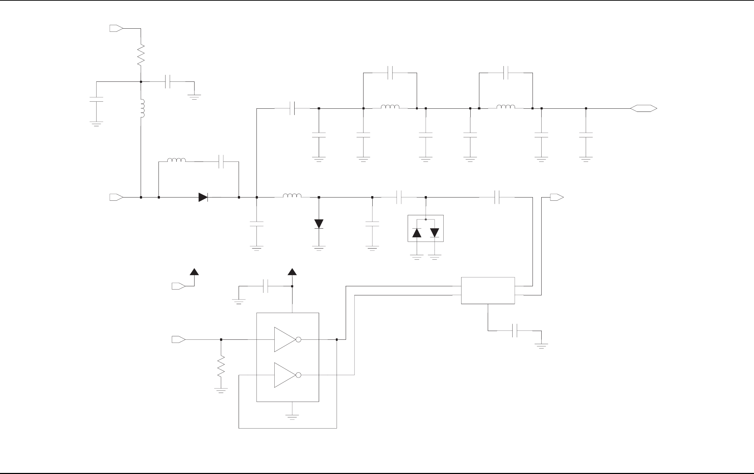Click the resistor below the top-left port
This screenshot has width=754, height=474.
[141, 55]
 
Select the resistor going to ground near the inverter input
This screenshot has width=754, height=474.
[221, 366]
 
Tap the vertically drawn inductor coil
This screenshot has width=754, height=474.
[142, 109]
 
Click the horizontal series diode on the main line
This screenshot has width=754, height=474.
[203, 197]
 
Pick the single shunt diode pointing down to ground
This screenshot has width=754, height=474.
[319, 224]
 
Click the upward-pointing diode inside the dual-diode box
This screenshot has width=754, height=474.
[417, 233]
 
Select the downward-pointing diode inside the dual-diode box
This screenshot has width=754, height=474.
[435, 233]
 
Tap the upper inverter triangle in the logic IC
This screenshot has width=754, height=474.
[286, 339]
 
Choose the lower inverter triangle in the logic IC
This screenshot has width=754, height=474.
[286, 375]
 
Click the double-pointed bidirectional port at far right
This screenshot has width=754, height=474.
[643, 108]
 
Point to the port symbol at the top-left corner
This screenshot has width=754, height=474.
[116, 28]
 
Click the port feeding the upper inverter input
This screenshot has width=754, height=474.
[178, 339]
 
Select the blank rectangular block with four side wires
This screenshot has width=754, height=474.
[488, 290]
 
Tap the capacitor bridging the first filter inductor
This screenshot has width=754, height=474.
[390, 73]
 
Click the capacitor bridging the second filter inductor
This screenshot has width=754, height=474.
[506, 73]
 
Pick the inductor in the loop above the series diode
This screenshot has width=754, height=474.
[176, 161]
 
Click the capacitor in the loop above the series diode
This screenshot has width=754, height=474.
[221, 161]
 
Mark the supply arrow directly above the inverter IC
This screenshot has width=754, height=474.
[292, 272]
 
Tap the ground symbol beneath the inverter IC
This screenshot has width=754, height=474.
[292, 416]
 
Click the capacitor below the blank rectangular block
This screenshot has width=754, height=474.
[515, 331]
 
